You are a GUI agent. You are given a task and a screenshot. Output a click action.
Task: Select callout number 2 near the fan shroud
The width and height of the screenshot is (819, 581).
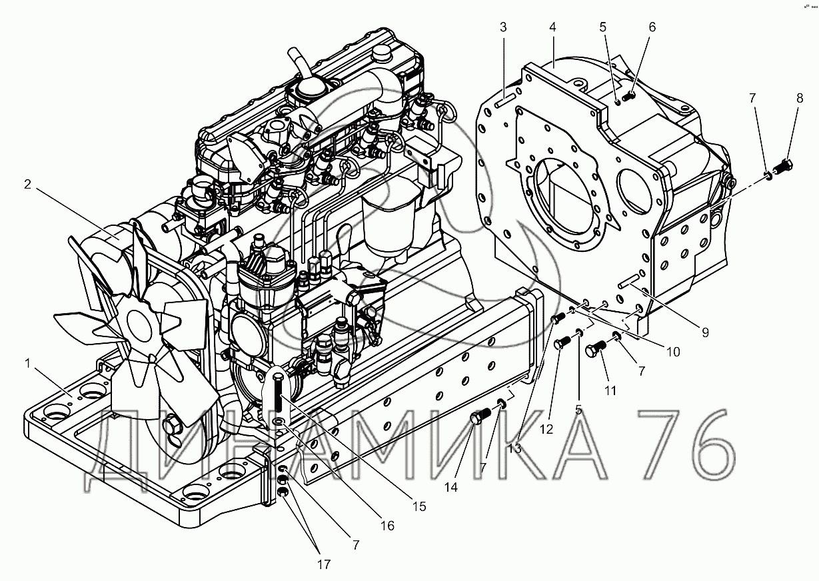pyautogui.click(x=27, y=185)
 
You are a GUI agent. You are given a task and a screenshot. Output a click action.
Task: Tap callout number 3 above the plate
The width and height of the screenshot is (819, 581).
pyautogui.click(x=503, y=28)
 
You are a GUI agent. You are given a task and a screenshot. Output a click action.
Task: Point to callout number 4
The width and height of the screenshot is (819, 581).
pyautogui.click(x=552, y=28)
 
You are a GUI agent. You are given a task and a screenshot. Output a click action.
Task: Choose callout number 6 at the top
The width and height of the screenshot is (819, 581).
pyautogui.click(x=652, y=27)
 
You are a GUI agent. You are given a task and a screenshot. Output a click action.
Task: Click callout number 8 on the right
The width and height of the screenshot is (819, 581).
pyautogui.click(x=800, y=98)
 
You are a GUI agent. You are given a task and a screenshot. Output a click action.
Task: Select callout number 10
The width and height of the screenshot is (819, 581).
pyautogui.click(x=672, y=351)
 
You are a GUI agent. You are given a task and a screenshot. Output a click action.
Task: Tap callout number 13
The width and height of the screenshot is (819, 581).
pyautogui.click(x=515, y=448)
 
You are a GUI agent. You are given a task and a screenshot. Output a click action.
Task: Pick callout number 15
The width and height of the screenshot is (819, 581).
pyautogui.click(x=418, y=506)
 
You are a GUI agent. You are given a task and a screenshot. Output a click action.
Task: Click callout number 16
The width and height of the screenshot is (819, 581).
pyautogui.click(x=387, y=526)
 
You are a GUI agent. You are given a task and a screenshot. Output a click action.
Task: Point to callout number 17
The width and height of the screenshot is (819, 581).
pyautogui.click(x=323, y=565)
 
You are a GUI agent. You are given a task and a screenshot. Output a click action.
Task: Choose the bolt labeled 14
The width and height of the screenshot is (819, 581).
pyautogui.click(x=478, y=419)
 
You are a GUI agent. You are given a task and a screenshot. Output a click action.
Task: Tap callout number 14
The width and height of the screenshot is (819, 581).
pyautogui.click(x=452, y=487)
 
